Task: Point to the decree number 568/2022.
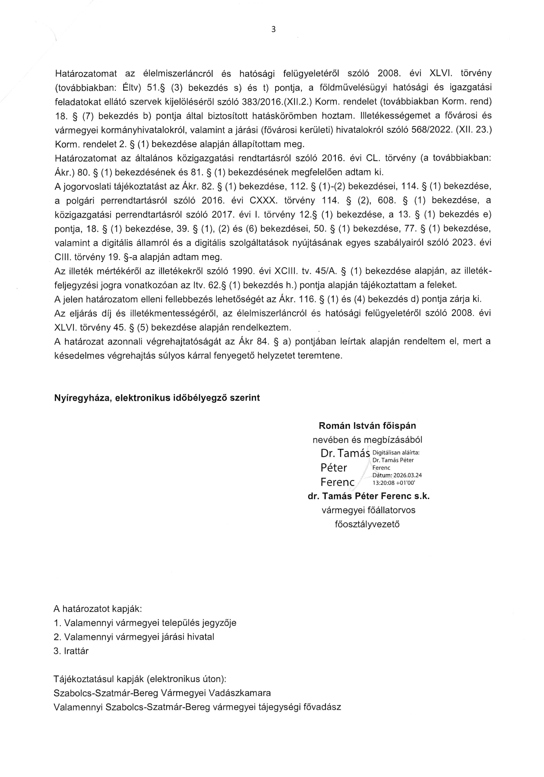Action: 432,130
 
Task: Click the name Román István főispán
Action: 367,426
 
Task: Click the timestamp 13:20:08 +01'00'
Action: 394,483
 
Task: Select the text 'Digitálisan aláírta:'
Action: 396,453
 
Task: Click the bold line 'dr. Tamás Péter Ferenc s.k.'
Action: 368,496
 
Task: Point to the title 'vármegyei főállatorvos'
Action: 368,510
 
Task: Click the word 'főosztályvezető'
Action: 367,524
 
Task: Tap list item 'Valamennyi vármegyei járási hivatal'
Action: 139,637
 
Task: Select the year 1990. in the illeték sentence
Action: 241,271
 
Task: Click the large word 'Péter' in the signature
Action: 333,468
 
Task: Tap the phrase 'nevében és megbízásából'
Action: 367,440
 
